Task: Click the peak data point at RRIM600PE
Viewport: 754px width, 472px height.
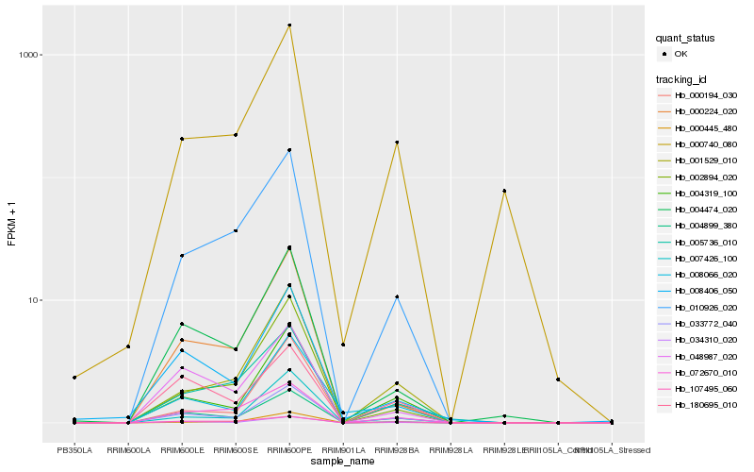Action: [289, 25]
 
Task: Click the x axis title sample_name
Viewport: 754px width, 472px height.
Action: [343, 462]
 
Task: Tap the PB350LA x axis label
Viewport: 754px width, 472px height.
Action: [74, 449]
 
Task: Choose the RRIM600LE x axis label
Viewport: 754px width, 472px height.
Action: [182, 449]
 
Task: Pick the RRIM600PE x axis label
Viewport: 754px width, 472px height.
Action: [289, 449]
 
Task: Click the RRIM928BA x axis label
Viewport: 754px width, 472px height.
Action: [397, 449]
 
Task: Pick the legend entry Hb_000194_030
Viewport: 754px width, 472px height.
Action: [706, 95]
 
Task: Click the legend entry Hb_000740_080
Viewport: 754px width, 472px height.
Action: [706, 144]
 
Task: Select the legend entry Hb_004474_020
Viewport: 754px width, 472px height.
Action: [706, 210]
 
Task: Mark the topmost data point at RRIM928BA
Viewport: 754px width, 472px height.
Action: [397, 143]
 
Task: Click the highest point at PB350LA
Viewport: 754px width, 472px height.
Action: [74, 378]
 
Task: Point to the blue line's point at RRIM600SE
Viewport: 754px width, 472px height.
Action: [236, 230]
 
